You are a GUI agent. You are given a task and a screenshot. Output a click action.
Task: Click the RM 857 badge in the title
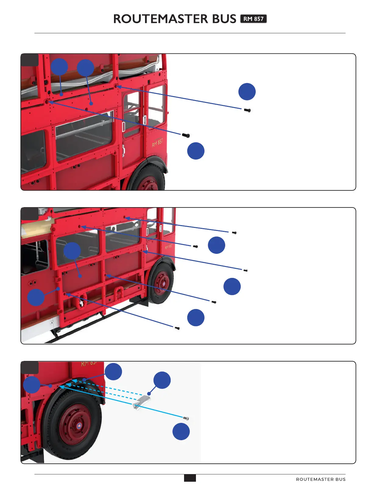(253, 19)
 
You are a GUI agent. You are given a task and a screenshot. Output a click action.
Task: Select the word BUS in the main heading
(224, 19)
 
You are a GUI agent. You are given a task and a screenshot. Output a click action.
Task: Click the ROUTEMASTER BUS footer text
(321, 479)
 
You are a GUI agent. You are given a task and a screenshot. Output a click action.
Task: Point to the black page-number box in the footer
(190, 478)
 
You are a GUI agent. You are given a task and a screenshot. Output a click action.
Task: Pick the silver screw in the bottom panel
(186, 418)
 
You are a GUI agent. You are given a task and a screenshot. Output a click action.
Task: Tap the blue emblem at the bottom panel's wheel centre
(79, 426)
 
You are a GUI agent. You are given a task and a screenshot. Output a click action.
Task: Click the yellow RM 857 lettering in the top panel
(157, 142)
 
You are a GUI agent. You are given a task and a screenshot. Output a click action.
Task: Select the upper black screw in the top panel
(247, 110)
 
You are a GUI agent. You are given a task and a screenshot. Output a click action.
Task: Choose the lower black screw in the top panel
(186, 135)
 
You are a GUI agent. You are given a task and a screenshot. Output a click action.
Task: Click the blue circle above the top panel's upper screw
(247, 92)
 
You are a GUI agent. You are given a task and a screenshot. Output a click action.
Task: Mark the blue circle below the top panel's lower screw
(196, 151)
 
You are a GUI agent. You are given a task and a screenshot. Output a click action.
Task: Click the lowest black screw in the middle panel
(177, 328)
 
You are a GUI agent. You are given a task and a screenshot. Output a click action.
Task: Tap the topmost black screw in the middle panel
(234, 232)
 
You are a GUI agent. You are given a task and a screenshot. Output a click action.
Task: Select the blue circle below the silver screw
(181, 431)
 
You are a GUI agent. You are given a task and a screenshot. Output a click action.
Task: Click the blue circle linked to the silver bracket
(162, 380)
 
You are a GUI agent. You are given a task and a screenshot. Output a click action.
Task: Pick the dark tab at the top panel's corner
(30, 60)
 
